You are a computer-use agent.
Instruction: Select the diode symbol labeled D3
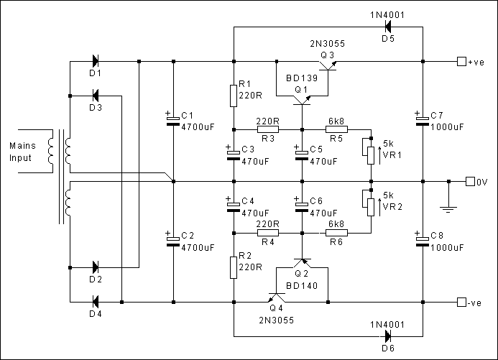96,96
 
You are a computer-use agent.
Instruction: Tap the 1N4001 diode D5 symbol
388,27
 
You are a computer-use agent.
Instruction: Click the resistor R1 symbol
234,95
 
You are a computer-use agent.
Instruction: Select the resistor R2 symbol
234,267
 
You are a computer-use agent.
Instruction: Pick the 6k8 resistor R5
336,129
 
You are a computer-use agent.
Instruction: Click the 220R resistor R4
267,233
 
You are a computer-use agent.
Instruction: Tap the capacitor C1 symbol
173,121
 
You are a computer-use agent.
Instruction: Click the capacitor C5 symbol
302,152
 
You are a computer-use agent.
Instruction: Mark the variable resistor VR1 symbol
371,152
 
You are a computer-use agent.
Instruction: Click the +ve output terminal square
461,62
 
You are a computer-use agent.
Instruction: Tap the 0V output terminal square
470,181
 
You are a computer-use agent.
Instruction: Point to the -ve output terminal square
461,302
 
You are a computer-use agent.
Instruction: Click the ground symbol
448,209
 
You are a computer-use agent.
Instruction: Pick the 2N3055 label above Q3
327,44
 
